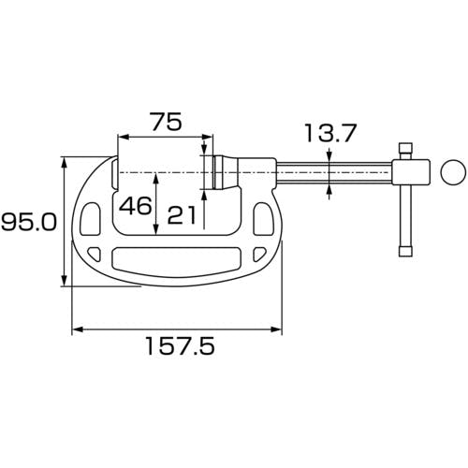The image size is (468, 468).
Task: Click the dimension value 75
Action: tap(167, 122)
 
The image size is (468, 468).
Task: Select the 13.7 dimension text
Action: tap(330, 133)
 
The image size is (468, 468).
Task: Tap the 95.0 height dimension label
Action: tap(29, 222)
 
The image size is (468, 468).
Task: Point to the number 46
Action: tap(136, 206)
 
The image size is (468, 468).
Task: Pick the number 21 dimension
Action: tap(182, 215)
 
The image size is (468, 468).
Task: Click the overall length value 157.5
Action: tap(181, 345)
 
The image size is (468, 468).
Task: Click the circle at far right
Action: tap(453, 172)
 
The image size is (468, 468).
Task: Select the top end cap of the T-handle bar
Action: tap(406, 147)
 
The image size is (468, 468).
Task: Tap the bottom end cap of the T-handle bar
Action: tap(405, 252)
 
